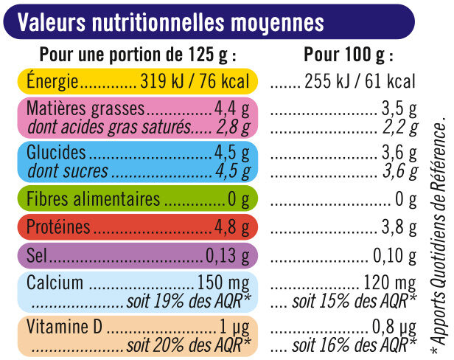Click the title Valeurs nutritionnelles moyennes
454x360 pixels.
[x=170, y=23]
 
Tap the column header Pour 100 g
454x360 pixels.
[x=349, y=55]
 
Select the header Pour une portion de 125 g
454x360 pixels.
[x=138, y=55]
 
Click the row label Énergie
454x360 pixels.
[x=52, y=82]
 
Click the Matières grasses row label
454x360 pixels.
[x=85, y=109]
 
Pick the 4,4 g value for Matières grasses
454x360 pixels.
[x=231, y=109]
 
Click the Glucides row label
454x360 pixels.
[x=55, y=154]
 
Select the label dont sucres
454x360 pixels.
[x=67, y=172]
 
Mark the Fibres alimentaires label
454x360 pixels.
[x=92, y=199]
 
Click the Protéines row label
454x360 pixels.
[x=58, y=227]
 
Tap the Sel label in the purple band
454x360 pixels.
[x=38, y=256]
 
